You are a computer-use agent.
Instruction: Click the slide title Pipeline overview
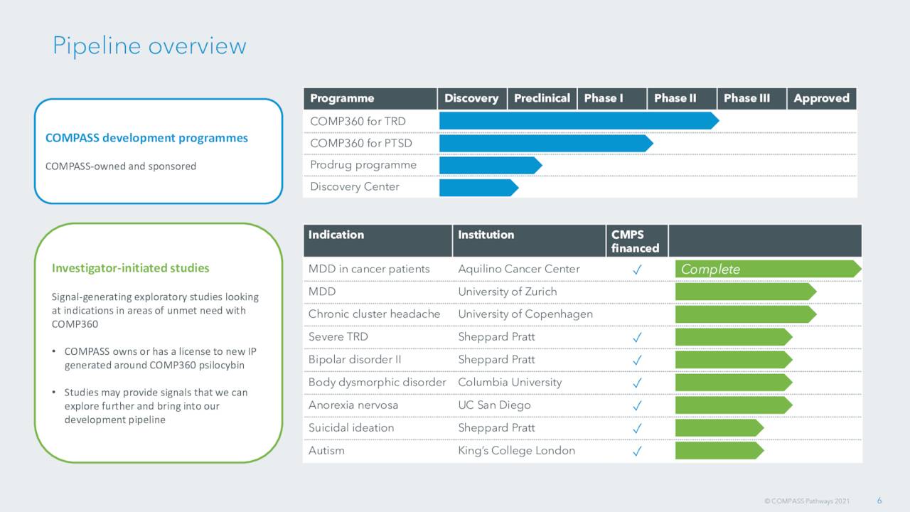(x=149, y=46)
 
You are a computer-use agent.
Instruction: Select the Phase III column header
(x=746, y=98)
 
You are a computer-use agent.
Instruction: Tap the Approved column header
(x=821, y=98)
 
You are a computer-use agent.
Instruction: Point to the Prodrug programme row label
(x=363, y=165)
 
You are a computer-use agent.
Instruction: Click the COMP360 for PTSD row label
(x=360, y=143)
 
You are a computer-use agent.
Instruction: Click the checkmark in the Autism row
(x=638, y=451)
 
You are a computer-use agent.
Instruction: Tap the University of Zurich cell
(x=507, y=292)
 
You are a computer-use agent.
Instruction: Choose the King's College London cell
(x=516, y=450)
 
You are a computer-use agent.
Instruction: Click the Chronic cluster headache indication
(x=374, y=314)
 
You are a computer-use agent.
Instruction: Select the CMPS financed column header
(x=634, y=241)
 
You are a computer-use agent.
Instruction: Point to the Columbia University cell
(x=509, y=383)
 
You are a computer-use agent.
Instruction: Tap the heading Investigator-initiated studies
(x=130, y=268)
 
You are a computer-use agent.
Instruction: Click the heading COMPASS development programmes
(x=146, y=138)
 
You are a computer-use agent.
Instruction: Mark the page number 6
(x=879, y=501)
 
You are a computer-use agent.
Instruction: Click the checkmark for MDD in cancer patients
(x=638, y=270)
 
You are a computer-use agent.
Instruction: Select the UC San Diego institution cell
(x=494, y=405)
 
